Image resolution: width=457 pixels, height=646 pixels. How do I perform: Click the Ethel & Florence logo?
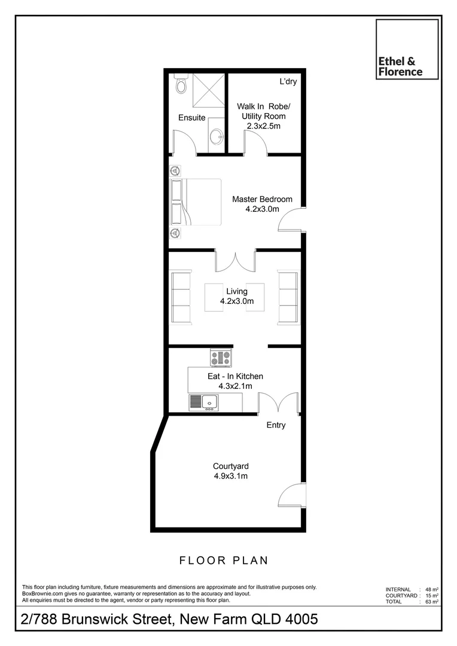click(x=407, y=49)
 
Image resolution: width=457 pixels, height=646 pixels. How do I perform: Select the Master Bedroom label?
click(x=262, y=199)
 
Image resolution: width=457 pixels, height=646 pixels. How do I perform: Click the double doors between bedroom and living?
click(x=236, y=261)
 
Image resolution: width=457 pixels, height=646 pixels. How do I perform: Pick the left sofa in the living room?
click(x=181, y=297)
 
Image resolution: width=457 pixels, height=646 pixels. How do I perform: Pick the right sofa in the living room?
click(x=288, y=297)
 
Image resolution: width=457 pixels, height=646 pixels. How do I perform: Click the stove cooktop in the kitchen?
click(x=220, y=358)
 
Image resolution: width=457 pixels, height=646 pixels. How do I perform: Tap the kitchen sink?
click(x=209, y=403)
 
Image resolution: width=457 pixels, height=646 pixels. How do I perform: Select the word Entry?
click(x=276, y=425)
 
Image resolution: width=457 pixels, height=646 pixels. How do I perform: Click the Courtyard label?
click(x=231, y=467)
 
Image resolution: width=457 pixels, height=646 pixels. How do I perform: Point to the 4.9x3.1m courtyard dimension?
click(x=231, y=477)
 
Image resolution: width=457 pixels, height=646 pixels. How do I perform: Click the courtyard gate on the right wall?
click(x=293, y=496)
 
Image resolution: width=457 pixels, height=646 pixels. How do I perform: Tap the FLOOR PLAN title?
click(x=224, y=560)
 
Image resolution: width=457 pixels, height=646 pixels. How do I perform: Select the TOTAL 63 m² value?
click(x=432, y=602)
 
